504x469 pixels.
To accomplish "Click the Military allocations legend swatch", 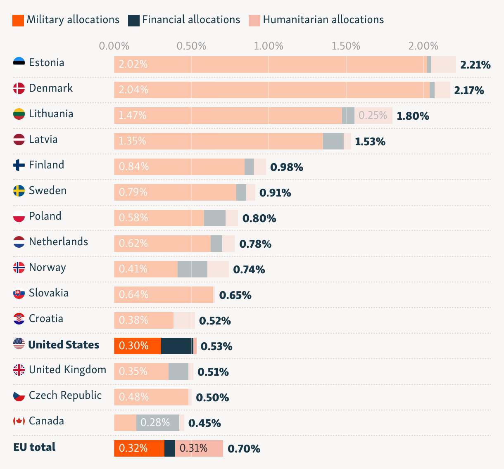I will [x=18, y=20].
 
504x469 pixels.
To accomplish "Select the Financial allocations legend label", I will [x=191, y=20].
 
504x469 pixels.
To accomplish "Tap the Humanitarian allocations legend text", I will [x=323, y=20].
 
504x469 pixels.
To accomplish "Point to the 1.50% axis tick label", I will [x=346, y=46].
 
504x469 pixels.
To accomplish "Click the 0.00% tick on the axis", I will [x=114, y=46].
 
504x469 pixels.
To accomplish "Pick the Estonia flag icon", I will [x=19, y=63].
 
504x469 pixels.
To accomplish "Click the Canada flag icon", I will [x=19, y=421].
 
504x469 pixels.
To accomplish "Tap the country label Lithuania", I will [x=51, y=114].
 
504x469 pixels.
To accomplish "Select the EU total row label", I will [x=34, y=447].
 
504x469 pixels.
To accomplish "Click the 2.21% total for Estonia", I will [x=475, y=65].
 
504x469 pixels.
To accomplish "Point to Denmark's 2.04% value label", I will [x=133, y=90].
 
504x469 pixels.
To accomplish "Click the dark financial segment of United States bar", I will [x=177, y=346].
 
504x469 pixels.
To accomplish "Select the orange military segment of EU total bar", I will [x=139, y=448].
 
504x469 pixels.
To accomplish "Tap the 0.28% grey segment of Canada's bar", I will [x=157, y=423].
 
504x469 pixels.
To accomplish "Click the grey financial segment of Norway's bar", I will [x=193, y=269].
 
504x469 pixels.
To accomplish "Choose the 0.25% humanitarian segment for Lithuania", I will [x=373, y=116].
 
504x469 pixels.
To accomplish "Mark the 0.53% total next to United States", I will [x=216, y=346].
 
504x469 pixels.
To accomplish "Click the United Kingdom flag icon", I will [x=19, y=370].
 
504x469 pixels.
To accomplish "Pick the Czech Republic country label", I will [x=65, y=396].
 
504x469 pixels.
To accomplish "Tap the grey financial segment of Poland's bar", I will [x=215, y=218].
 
